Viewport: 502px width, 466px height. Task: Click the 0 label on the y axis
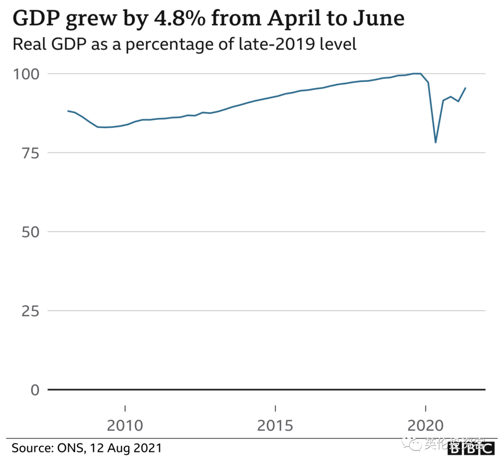[35, 390]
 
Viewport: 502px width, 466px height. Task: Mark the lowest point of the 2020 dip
[436, 142]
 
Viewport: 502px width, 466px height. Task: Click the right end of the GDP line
[466, 87]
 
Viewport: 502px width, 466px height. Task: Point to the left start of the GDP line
[68, 111]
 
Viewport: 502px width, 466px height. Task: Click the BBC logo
[471, 449]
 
